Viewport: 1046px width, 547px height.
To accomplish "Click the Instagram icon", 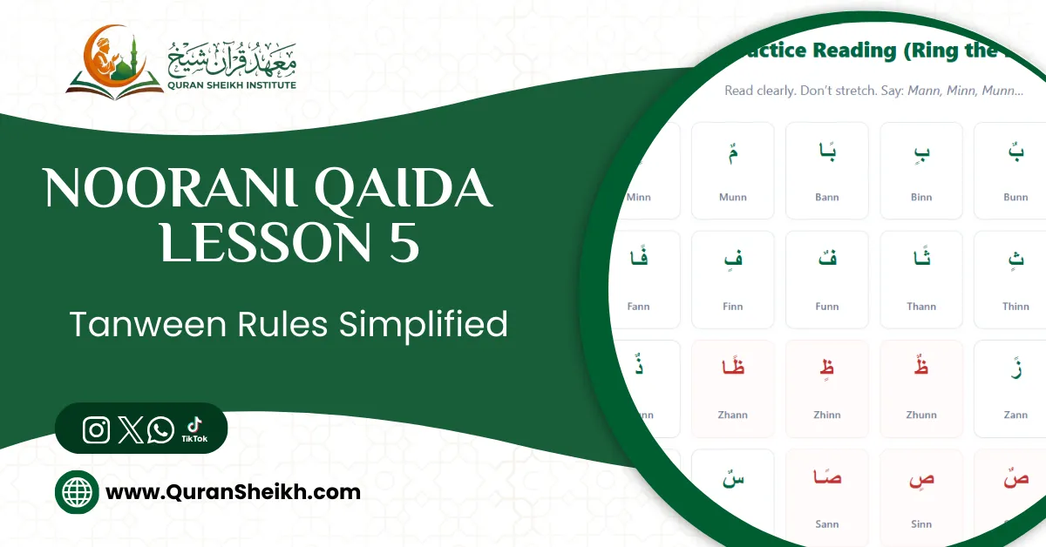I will pyautogui.click(x=96, y=429).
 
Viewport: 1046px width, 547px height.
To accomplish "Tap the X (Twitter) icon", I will pyautogui.click(x=130, y=429).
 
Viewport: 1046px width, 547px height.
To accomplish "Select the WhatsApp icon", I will pyautogui.click(x=160, y=429).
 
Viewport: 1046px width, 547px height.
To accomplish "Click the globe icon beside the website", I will pyautogui.click(x=77, y=492).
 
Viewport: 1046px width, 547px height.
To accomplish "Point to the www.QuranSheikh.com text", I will pyautogui.click(x=233, y=492).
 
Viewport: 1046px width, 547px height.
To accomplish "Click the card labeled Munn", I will pyautogui.click(x=732, y=170).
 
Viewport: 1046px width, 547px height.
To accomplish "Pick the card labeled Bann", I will pyautogui.click(x=826, y=170).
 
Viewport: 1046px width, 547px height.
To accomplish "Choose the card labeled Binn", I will pyautogui.click(x=921, y=170).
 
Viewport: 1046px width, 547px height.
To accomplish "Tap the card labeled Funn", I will pyautogui.click(x=826, y=280).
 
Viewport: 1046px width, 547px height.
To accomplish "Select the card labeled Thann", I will pyautogui.click(x=921, y=280).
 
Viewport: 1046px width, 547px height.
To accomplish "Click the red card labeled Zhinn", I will pyautogui.click(x=826, y=388).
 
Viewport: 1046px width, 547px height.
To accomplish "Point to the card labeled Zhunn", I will pyautogui.click(x=921, y=388).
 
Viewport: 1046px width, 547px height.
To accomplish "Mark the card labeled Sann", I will pyautogui.click(x=826, y=496).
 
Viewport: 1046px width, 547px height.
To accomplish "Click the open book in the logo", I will pyautogui.click(x=114, y=86).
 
